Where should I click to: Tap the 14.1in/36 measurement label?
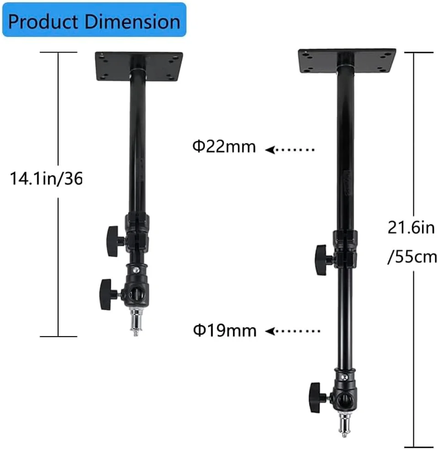[46, 179]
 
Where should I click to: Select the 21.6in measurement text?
[411, 228]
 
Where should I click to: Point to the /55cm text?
[412, 257]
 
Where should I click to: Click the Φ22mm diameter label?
[224, 147]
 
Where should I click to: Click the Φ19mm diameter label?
[224, 330]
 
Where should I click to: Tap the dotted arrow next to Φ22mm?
[289, 149]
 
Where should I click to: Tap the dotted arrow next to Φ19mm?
[293, 331]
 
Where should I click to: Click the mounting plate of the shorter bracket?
[139, 66]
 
